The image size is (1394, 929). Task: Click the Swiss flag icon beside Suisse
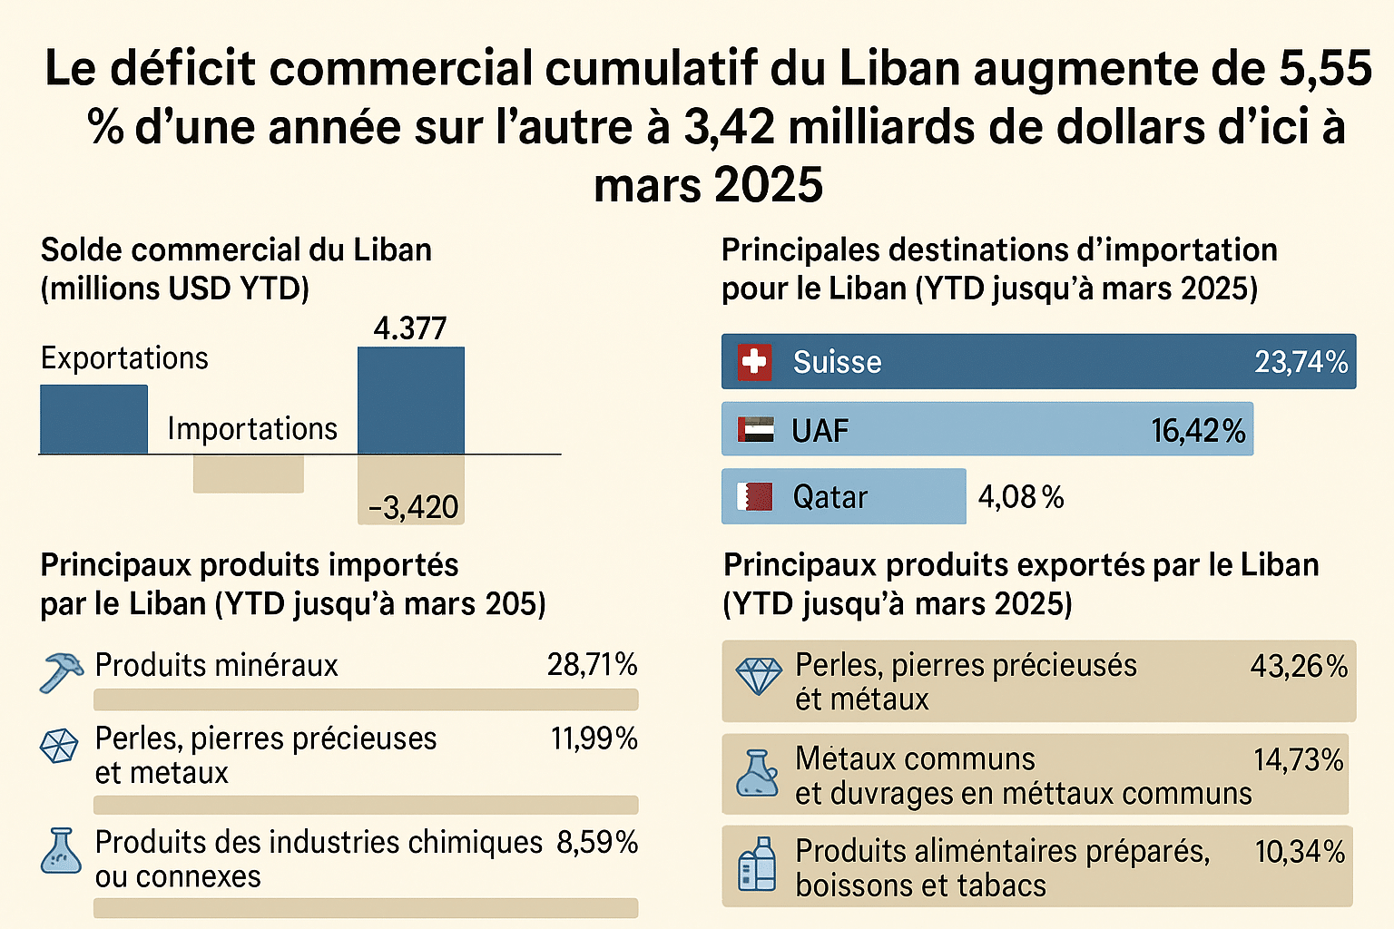click(754, 362)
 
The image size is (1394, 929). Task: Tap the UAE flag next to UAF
click(755, 430)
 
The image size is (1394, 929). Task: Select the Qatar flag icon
click(754, 496)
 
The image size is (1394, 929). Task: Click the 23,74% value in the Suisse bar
click(1301, 362)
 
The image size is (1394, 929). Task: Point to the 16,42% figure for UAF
click(1198, 431)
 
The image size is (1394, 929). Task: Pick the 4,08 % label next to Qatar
click(1021, 497)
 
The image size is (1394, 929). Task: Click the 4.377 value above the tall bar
click(410, 328)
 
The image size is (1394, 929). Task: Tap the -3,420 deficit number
click(414, 507)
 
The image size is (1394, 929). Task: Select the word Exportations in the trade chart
click(124, 358)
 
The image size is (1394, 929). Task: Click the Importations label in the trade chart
click(252, 428)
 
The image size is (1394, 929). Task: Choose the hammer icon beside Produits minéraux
click(61, 671)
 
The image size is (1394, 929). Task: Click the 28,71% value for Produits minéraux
click(592, 665)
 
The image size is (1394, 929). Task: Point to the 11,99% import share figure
click(594, 738)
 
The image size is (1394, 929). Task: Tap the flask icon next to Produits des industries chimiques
click(61, 851)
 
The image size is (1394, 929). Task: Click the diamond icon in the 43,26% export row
click(758, 676)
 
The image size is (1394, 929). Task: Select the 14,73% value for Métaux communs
click(1298, 760)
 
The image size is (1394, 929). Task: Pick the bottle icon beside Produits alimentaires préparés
click(758, 864)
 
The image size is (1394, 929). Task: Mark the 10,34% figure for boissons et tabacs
click(1300, 852)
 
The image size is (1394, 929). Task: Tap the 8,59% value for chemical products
click(596, 842)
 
